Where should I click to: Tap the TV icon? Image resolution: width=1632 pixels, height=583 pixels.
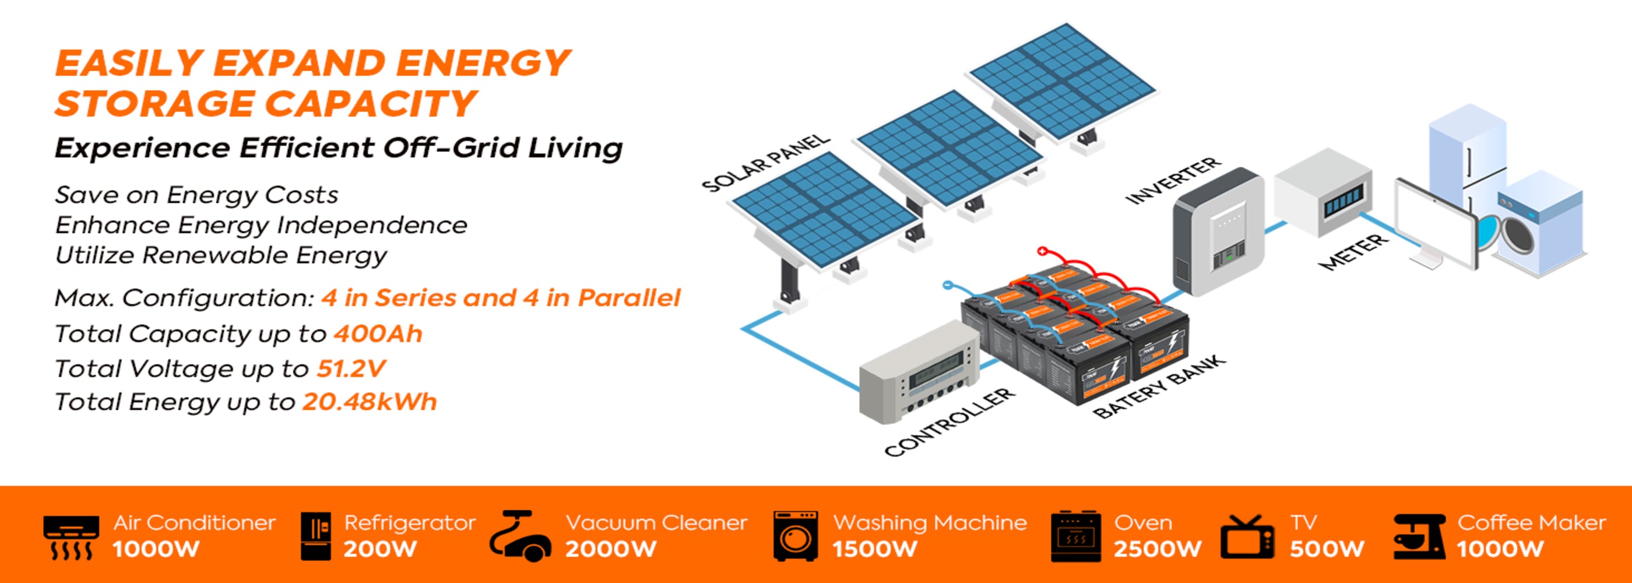pos(1247,538)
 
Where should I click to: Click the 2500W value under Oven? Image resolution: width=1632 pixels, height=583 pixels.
pos(1158,549)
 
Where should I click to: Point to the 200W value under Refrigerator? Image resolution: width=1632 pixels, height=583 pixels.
pos(380,549)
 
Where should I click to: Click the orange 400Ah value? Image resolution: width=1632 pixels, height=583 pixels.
pos(378,334)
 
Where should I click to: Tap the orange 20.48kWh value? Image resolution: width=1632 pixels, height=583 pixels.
pos(370,402)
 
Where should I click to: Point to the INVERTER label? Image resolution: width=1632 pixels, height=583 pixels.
pos(1173,181)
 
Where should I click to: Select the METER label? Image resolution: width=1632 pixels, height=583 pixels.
pos(1353,252)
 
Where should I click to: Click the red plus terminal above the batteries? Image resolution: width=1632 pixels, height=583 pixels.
pos(1042,252)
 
